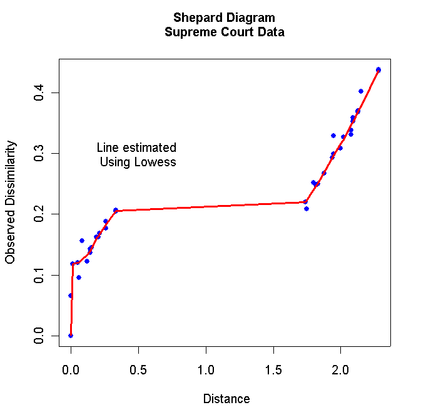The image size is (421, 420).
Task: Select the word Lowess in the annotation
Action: [x=156, y=162]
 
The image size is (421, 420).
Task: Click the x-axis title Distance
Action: [x=226, y=399]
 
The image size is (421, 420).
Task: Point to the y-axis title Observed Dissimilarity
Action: [x=11, y=202]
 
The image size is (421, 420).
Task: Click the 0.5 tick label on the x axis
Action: [x=138, y=368]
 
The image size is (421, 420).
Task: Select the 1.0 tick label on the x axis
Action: [x=206, y=368]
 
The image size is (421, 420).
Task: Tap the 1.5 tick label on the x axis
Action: [x=273, y=368]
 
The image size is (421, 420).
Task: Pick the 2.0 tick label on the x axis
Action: [x=340, y=368]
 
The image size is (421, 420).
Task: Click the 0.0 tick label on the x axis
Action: [x=71, y=368]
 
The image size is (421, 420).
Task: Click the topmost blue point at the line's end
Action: [x=378, y=70]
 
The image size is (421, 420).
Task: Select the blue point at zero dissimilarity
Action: [x=71, y=336]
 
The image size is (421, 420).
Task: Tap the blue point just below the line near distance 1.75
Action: [x=307, y=208]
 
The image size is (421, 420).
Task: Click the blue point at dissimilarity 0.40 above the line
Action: [x=361, y=91]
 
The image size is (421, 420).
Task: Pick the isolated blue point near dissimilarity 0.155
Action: [x=82, y=241]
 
